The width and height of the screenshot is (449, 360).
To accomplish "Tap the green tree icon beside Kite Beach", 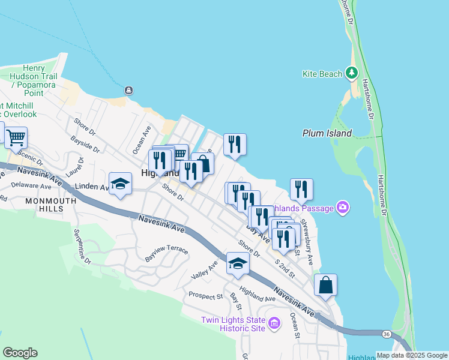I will [351, 74].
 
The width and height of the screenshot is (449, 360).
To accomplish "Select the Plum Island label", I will [327, 133].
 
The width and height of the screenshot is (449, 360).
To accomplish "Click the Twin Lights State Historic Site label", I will [233, 324].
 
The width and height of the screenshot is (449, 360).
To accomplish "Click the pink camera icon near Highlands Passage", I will [343, 208].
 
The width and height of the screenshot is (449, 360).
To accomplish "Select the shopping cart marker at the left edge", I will [15, 136].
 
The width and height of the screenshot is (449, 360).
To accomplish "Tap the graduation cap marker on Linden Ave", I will [120, 184].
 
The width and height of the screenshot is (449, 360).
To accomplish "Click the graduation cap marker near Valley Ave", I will [238, 263].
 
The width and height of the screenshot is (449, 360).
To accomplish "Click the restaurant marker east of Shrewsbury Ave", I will [301, 189].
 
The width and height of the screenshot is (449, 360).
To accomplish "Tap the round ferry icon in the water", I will [128, 90].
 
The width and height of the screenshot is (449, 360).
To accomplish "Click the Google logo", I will [20, 353].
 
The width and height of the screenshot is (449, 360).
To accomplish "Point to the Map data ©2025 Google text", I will [412, 355].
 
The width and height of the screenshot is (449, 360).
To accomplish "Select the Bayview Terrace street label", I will [167, 253].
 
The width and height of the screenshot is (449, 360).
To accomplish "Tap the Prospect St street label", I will [205, 295].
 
